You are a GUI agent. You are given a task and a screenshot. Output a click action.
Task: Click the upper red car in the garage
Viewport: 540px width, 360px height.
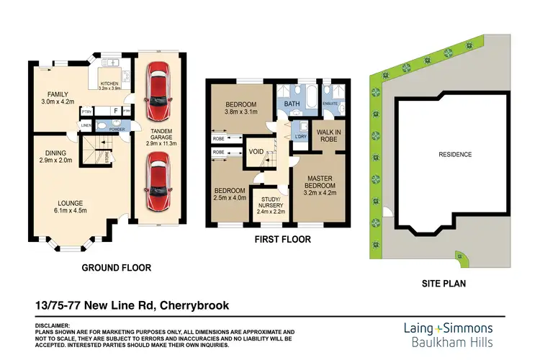(158, 91)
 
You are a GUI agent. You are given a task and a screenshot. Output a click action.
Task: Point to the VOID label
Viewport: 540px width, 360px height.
(256, 152)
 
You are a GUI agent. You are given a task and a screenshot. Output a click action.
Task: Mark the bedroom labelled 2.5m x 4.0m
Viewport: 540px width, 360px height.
(230, 195)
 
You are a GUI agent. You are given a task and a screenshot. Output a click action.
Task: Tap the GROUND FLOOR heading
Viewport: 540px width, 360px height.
(116, 268)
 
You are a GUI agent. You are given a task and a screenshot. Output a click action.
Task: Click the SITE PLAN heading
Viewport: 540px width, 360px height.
(443, 284)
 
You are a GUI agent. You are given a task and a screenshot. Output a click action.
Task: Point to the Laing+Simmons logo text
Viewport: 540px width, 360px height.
(446, 327)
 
